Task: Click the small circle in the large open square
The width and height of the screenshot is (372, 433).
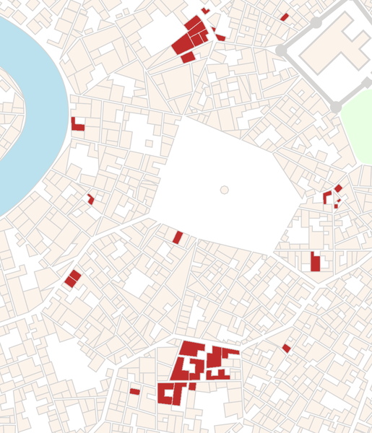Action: (224, 190)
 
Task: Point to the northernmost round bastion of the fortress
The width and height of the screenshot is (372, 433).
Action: (316, 22)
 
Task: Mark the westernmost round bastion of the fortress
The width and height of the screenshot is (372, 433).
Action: (281, 51)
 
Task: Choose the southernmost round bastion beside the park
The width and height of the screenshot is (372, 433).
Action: (336, 108)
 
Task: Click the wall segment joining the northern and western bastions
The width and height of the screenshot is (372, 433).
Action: (298, 36)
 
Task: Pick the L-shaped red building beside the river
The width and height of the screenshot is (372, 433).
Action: (77, 126)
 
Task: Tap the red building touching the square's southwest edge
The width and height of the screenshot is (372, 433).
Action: (178, 237)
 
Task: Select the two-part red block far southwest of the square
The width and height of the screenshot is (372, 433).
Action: (72, 278)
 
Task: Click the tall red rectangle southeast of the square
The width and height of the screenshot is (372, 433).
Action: (315, 261)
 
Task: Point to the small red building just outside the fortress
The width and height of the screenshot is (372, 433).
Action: (285, 17)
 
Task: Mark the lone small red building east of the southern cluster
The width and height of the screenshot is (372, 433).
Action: (287, 349)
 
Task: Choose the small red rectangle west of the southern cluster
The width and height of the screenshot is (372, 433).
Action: (134, 391)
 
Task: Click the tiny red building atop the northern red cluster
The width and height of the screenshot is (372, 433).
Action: (205, 11)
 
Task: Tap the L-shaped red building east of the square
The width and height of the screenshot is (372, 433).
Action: (326, 197)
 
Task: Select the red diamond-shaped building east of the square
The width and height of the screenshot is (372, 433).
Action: (338, 188)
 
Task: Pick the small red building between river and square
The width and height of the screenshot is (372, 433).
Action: (91, 199)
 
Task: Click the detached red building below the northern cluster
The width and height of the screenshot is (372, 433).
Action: (188, 57)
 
